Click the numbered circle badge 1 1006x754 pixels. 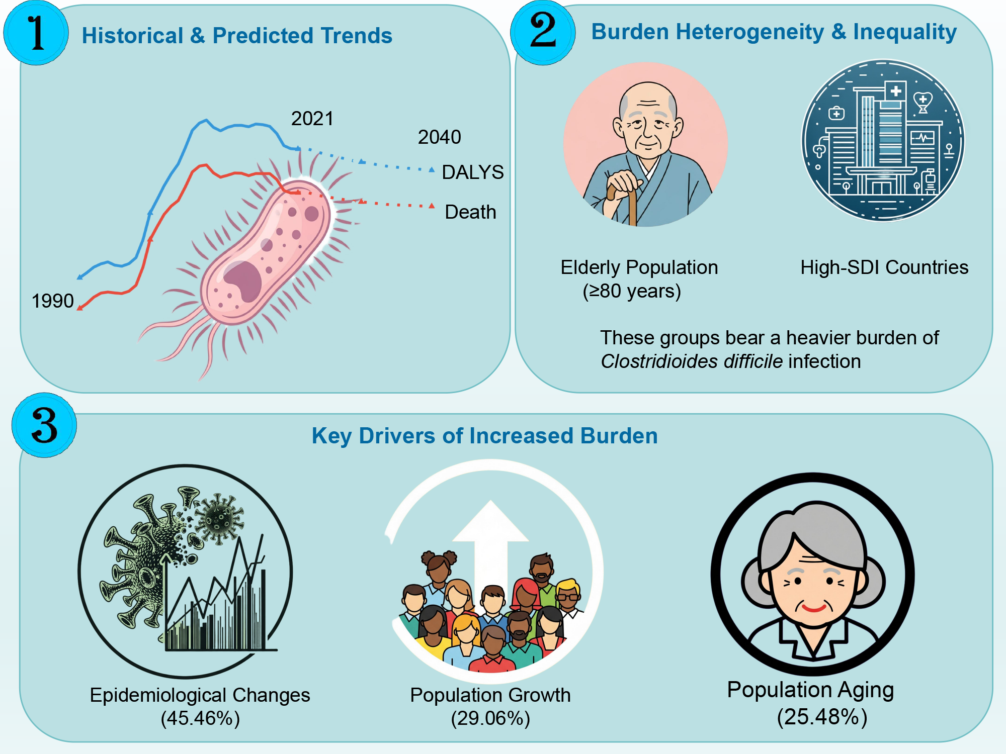(x=36, y=33)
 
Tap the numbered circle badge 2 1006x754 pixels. (x=543, y=33)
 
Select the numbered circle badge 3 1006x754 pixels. (x=44, y=425)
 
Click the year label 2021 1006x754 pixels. (x=312, y=119)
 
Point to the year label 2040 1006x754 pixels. (x=439, y=137)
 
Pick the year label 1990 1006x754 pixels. (x=53, y=301)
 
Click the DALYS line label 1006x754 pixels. (x=472, y=172)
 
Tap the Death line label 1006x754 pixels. (x=470, y=212)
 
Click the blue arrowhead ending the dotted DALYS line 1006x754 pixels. (x=432, y=170)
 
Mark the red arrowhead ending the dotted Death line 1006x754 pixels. (x=432, y=206)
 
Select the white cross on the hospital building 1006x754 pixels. (x=895, y=91)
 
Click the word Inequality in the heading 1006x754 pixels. (x=905, y=32)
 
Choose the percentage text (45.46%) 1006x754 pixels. (x=200, y=718)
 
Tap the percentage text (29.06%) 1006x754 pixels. (x=490, y=718)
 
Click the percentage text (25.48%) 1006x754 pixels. (x=822, y=717)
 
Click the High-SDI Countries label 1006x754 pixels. (x=884, y=267)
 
